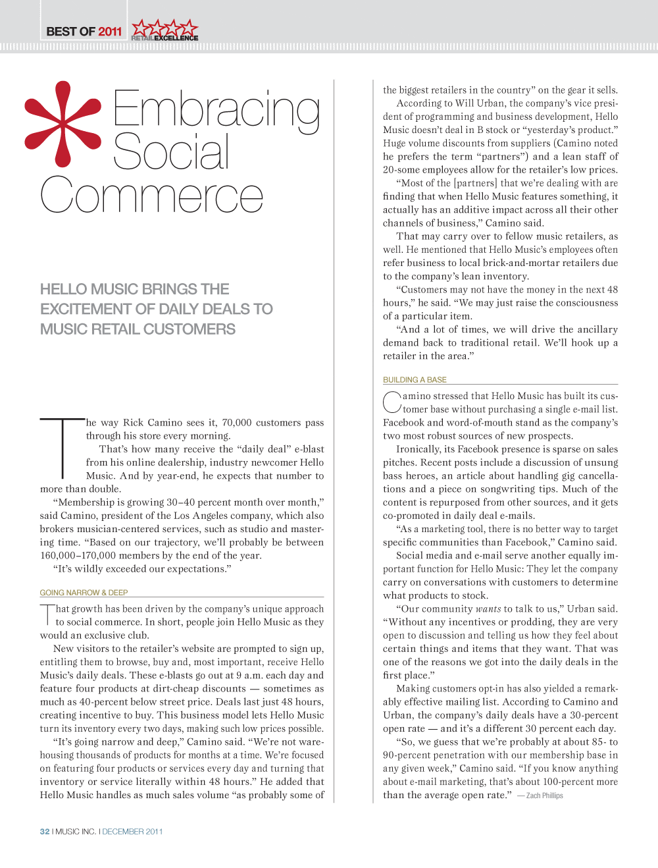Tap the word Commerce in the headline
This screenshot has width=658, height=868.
coord(152,196)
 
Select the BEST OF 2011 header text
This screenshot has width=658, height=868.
coord(84,32)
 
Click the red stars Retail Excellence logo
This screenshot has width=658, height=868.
coord(164,30)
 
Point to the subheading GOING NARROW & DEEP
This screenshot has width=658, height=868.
coord(84,593)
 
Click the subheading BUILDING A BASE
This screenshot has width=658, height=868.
coord(415,380)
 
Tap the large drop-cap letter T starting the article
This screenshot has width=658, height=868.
coord(63,447)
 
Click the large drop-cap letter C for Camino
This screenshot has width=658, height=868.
coord(392,402)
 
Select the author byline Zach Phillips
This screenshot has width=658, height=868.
coord(544,796)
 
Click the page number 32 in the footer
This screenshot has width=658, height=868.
coord(45,832)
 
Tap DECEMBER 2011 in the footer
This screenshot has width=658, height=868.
coord(132,832)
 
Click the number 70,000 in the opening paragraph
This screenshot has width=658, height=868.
coord(237,423)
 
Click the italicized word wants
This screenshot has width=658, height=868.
coord(488,609)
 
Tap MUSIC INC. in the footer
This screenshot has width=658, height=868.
coord(76,832)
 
